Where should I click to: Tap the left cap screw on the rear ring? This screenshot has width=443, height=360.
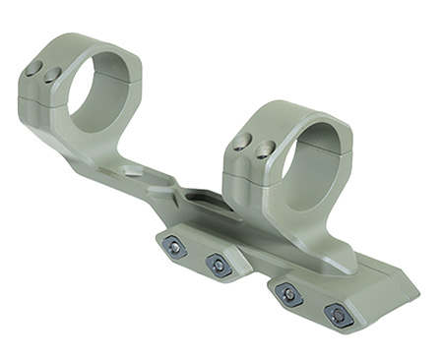(34, 68)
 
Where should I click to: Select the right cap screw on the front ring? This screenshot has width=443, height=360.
(265, 149)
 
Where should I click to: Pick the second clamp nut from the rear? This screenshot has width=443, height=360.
(217, 264)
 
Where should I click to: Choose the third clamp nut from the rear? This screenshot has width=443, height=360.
(288, 294)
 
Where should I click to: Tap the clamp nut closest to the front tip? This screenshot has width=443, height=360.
(338, 316)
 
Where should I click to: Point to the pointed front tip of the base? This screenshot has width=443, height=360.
(414, 295)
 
